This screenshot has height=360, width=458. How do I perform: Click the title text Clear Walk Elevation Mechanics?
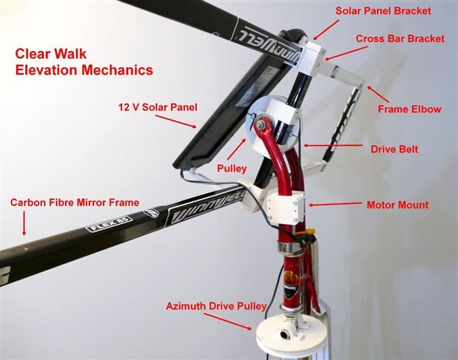84,62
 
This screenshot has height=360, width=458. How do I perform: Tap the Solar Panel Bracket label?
383,11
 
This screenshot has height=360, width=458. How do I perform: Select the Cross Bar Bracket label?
400,38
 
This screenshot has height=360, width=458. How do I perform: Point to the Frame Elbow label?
409,109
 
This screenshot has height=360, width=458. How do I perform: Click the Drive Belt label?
394,149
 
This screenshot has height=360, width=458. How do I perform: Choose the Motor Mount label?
398,205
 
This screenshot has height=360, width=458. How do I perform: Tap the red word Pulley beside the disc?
232,169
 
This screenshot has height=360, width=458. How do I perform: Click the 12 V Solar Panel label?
158,107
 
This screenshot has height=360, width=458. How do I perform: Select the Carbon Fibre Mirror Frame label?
75,203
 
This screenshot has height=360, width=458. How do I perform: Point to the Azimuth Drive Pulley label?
216,306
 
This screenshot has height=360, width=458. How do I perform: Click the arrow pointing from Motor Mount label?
335,204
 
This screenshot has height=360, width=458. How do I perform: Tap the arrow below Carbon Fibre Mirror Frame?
24,223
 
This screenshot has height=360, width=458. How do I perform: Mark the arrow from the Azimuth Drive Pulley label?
228,322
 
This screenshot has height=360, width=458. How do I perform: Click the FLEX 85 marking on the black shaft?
109,224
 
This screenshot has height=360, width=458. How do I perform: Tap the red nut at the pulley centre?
260,124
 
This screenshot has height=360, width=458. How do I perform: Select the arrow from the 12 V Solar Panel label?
175,121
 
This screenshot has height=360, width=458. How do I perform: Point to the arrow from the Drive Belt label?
333,145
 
